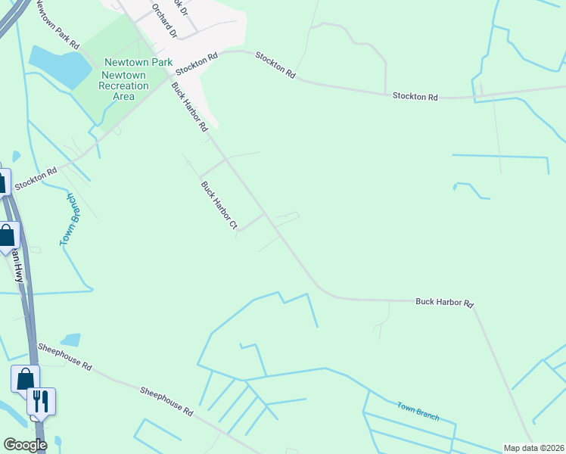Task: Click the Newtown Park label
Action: pyautogui.click(x=138, y=63)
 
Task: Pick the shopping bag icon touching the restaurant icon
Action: pyautogui.click(x=25, y=378)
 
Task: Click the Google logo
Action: pyautogui.click(x=24, y=444)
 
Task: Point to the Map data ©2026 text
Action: pyautogui.click(x=534, y=448)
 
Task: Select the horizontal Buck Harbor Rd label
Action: pyautogui.click(x=444, y=303)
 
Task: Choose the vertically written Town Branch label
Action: pyautogui.click(x=70, y=219)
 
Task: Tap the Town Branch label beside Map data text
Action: pyautogui.click(x=418, y=411)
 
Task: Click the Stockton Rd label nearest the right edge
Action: pyautogui.click(x=415, y=97)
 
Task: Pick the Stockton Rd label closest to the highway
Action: pyautogui.click(x=36, y=179)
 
